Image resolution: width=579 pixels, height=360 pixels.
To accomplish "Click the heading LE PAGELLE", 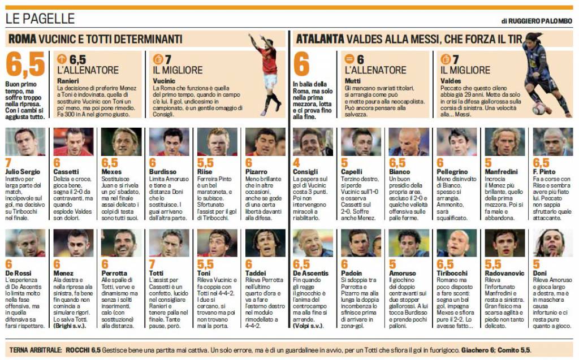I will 40,19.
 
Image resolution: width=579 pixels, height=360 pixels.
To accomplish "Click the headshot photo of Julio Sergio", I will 25,142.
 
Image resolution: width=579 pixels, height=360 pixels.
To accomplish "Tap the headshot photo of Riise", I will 217,142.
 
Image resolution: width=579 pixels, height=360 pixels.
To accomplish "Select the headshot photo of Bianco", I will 409,142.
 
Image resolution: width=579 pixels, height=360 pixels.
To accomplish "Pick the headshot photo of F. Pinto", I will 552,142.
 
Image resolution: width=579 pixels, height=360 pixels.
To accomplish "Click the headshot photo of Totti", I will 169,243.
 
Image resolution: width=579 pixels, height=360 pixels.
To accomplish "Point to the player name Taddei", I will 258,274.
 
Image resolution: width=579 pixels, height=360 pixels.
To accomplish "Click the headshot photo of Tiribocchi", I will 457,243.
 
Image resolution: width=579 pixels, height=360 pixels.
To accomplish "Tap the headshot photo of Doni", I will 552,243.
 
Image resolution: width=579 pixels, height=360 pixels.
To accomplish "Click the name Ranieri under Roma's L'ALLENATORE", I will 68,81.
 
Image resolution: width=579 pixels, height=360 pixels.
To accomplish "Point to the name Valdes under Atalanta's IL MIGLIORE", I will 450,81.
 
